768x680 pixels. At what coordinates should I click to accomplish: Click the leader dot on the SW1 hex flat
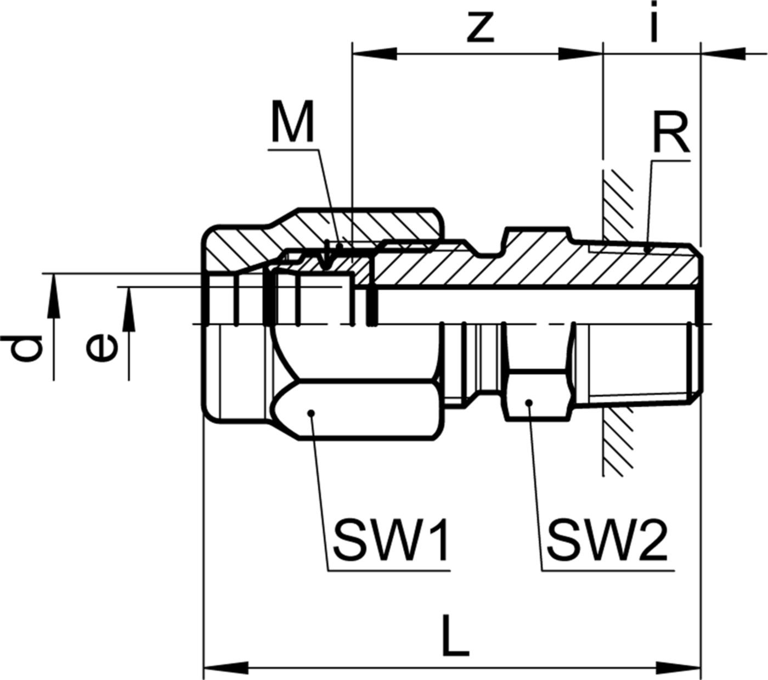tap(310, 413)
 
